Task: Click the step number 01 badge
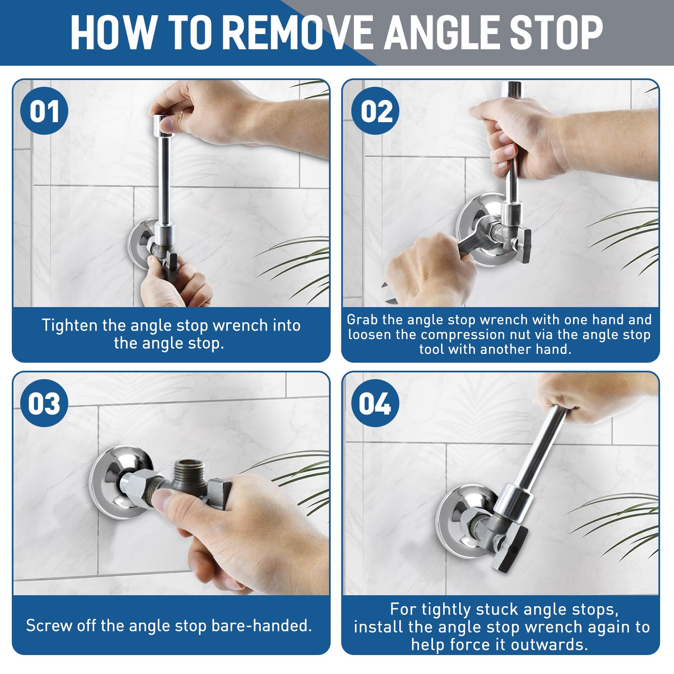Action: [x=44, y=111]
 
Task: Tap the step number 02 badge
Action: [x=375, y=111]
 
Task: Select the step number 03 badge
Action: [x=44, y=403]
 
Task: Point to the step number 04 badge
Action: [x=375, y=403]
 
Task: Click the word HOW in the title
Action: [x=112, y=32]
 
